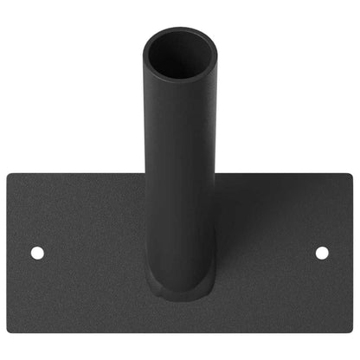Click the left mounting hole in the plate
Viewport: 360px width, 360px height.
[37, 253]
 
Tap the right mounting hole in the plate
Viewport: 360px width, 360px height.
[322, 253]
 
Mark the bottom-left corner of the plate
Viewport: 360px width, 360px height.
[10, 331]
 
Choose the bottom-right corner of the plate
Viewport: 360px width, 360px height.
[349, 331]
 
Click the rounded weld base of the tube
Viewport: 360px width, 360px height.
[179, 286]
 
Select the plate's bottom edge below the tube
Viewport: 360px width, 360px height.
[179, 333]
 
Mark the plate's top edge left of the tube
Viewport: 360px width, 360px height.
[78, 174]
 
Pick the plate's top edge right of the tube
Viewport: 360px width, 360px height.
[277, 174]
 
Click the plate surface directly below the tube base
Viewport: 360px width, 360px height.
[179, 313]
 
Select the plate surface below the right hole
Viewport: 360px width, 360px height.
[322, 294]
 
